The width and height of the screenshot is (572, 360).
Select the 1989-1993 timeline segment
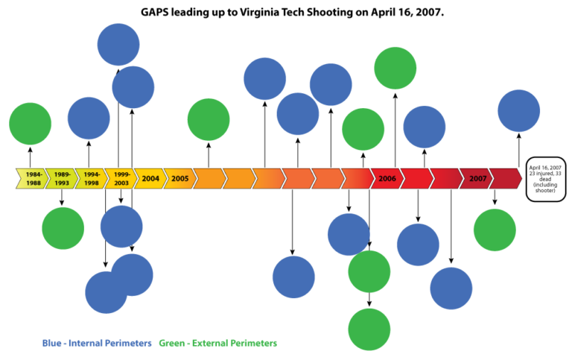(x=61, y=179)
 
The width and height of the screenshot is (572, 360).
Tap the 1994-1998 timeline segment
(x=91, y=179)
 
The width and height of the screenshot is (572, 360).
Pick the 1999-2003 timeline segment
(x=121, y=179)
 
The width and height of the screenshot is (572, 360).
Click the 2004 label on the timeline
(x=150, y=179)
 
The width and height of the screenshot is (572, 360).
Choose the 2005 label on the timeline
(x=179, y=179)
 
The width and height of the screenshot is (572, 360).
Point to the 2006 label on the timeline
(x=387, y=179)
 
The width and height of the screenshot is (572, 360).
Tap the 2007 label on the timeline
(x=477, y=179)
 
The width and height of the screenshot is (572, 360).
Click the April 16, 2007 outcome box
(x=545, y=179)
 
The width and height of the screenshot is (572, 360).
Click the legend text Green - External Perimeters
(x=218, y=343)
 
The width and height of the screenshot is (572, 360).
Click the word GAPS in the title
(x=158, y=13)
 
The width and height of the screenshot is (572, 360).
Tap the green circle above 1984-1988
(x=30, y=124)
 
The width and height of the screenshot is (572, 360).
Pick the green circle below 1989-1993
(x=63, y=228)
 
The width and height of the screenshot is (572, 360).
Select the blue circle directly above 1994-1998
(x=89, y=118)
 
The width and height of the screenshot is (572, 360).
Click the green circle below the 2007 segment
(x=495, y=230)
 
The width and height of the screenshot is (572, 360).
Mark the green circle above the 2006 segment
(x=395, y=68)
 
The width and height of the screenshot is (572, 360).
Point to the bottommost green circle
(x=369, y=329)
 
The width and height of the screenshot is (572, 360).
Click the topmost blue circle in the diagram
(x=118, y=44)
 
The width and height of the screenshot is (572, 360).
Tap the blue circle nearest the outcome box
(x=518, y=110)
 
